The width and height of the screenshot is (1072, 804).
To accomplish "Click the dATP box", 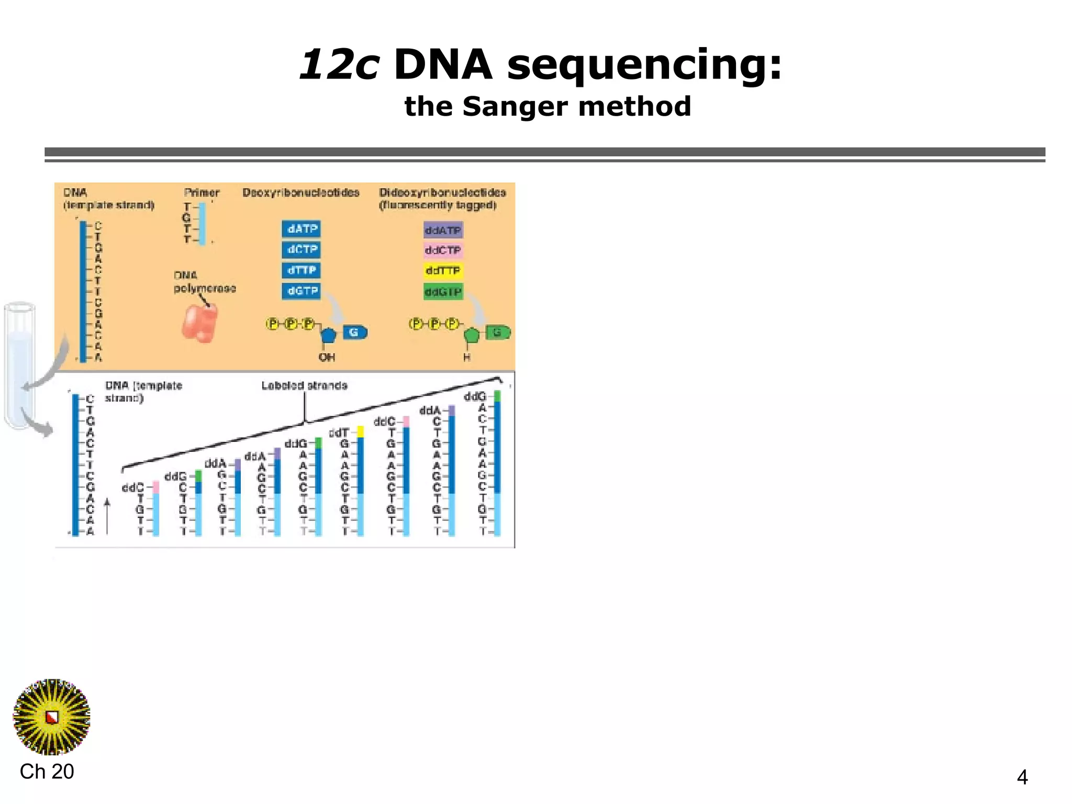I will [301, 229].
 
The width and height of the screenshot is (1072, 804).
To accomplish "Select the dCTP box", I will [301, 250].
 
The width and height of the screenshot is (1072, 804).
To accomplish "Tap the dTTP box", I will [301, 270].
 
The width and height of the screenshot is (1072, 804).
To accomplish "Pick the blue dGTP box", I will [301, 291].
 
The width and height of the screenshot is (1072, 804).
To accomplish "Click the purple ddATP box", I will [443, 230].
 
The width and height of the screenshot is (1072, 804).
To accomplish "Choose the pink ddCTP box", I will [443, 251].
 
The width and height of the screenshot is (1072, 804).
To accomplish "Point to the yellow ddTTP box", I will [443, 271].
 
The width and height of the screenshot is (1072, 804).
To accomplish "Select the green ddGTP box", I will [443, 292].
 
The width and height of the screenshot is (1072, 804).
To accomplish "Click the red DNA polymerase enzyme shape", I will [199, 323].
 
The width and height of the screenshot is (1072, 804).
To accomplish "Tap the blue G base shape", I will [355, 332].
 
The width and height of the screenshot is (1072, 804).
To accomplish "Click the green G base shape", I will [498, 332].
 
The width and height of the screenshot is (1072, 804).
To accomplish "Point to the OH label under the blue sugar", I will [327, 358].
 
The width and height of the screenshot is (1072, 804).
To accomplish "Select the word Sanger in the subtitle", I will [515, 107].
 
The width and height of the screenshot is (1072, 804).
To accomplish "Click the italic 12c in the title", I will [339, 65].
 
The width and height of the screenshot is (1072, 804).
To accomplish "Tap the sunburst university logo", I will [51, 717].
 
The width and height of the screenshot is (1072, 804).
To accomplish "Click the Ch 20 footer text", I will [47, 772].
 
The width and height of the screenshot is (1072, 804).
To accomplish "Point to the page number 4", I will [1022, 777].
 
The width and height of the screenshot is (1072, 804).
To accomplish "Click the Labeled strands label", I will [304, 386].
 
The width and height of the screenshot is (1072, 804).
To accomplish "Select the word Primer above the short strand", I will [202, 193].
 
